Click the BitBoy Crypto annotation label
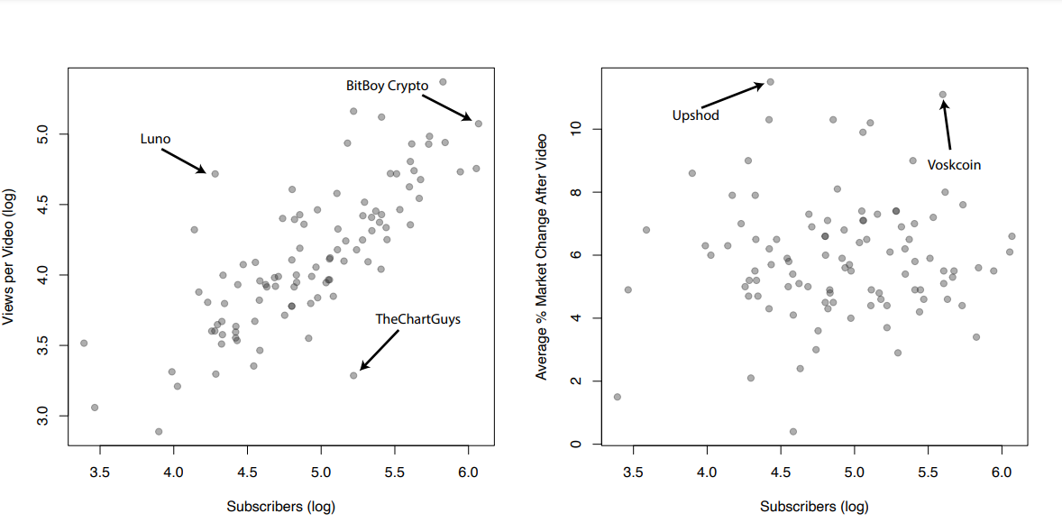pos(387,87)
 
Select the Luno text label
pos(155,139)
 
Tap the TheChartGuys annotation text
pos(417,319)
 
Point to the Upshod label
pos(696,115)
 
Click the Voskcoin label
pos(954,165)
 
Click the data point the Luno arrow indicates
pos(215,173)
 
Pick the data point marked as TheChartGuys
pos(353,375)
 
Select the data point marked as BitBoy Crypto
pos(479,124)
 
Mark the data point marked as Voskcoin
pos(942,94)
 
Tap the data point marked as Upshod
pos(770,82)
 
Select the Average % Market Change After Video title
pos(542,256)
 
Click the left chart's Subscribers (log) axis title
pos(280,507)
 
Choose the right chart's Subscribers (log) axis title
pos(814,507)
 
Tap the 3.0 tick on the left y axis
pos(41,416)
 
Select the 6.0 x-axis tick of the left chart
pos(468,471)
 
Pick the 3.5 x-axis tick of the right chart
pos(633,471)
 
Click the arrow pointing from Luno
pos(184,160)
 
